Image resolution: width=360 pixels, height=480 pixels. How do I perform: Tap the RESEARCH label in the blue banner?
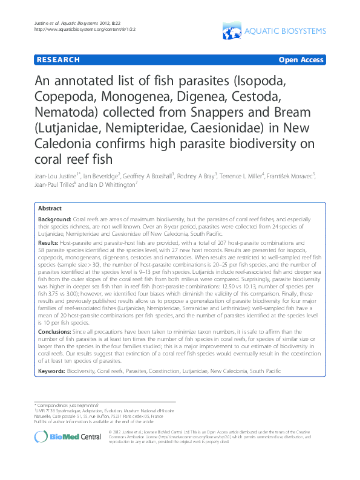[58, 60]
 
